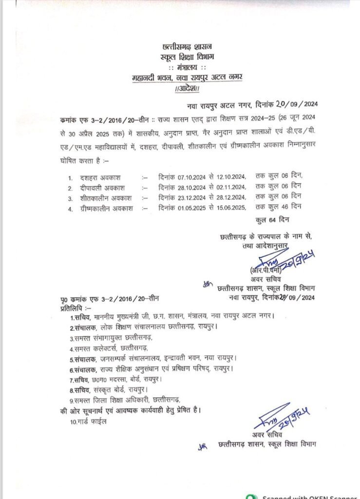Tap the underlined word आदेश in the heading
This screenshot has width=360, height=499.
[187, 89]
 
